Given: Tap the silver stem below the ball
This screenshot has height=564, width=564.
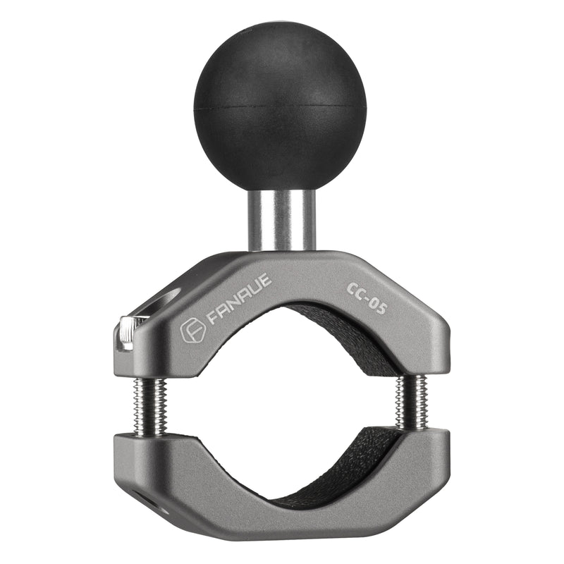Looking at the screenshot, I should coord(281,220).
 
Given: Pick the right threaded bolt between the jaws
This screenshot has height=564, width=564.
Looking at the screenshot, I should coord(410,400).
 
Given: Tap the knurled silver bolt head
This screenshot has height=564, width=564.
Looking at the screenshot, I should coord(127,333).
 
